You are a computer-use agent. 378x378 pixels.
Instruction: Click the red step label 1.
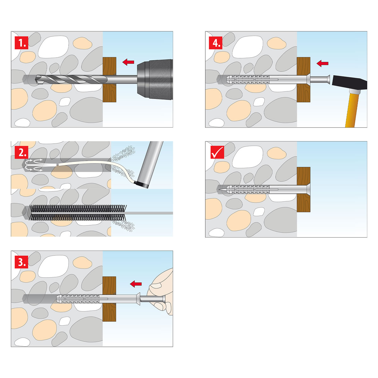[22, 43]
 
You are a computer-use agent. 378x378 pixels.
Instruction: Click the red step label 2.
[22, 152]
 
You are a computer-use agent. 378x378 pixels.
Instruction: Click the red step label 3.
[22, 262]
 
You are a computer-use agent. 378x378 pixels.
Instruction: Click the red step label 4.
[215, 43]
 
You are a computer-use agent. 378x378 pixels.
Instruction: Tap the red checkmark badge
[217, 152]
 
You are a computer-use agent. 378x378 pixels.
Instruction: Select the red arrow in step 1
[128, 62]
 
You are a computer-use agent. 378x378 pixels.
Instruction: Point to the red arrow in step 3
[136, 284]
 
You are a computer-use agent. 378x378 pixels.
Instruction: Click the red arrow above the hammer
[323, 63]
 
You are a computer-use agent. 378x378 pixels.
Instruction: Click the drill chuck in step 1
[155, 79]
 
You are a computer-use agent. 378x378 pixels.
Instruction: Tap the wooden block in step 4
[303, 80]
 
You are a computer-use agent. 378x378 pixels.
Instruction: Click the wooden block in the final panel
[303, 190]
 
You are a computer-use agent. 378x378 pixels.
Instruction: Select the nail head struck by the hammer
[329, 79]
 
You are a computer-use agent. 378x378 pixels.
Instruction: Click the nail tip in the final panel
[219, 189]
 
